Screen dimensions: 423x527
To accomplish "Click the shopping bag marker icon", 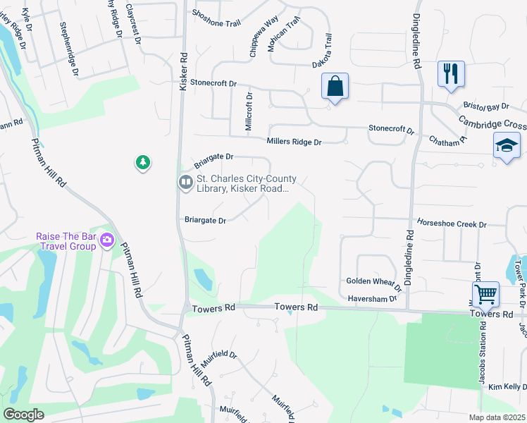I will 335,87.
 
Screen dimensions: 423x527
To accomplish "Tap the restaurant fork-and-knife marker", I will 450,73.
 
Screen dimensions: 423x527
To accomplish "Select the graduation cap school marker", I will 507,146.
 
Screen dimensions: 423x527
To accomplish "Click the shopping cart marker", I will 485,293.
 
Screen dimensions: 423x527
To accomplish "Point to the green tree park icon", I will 143,163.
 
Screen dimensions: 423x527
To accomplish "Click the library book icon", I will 186,183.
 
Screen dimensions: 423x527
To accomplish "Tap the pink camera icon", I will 107,240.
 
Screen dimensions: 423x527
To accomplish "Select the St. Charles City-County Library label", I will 246,183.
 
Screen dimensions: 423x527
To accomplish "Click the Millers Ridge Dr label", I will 294,142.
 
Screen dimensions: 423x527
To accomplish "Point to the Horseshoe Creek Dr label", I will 452,224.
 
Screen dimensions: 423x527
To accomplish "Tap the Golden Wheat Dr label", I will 373,283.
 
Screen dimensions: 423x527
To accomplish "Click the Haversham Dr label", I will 372,299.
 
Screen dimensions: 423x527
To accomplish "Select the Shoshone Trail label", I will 216,23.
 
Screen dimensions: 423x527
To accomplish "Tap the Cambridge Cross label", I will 492,122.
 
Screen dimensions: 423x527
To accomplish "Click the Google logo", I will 24,415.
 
